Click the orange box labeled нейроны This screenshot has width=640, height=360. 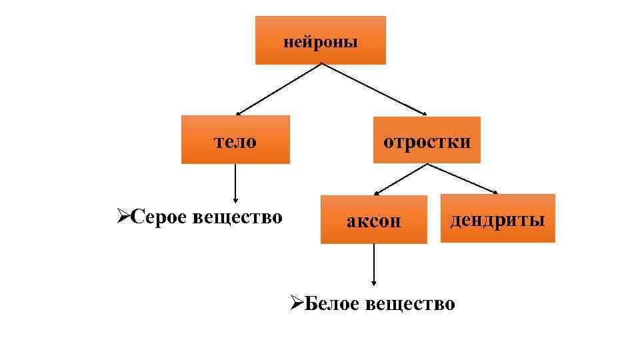click(x=320, y=41)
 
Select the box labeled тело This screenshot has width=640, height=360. click(x=235, y=140)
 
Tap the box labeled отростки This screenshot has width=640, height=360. click(x=427, y=140)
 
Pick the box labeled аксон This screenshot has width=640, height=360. click(x=373, y=220)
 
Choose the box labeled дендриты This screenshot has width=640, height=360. click(x=497, y=219)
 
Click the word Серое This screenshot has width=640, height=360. click(x=158, y=217)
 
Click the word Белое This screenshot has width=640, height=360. click(x=331, y=304)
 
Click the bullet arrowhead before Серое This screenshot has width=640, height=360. click(x=122, y=217)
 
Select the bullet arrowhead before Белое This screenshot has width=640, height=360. click(x=297, y=304)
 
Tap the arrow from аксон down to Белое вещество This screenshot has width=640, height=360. click(x=374, y=263)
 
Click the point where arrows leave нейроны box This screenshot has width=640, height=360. click(x=322, y=65)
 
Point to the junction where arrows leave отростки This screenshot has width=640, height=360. click(x=427, y=164)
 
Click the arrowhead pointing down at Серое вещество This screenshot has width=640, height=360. click(x=235, y=199)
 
